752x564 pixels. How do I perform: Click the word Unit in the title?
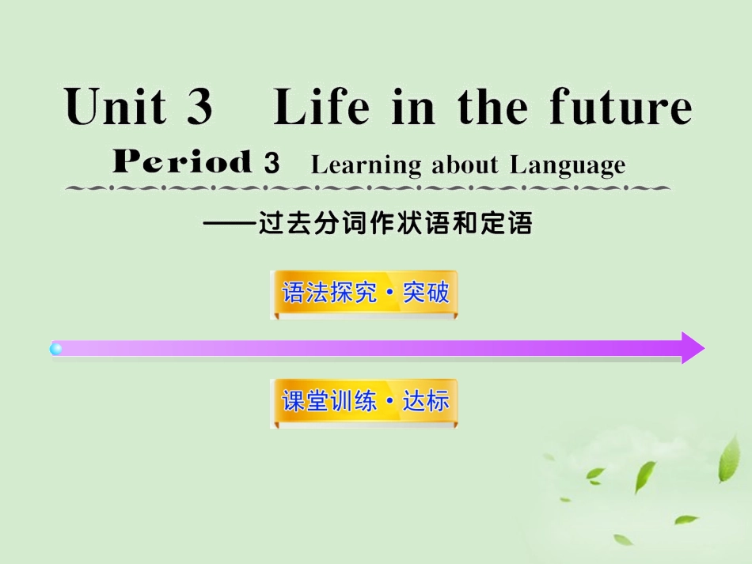(116, 108)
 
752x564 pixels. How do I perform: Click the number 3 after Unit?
(200, 108)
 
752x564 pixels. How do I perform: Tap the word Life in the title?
(321, 108)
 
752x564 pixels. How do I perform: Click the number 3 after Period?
(272, 164)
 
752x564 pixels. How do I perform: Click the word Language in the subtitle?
(568, 165)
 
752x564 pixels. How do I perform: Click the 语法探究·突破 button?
(364, 293)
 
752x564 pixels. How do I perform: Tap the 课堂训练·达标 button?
(364, 402)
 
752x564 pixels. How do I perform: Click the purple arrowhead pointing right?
(691, 348)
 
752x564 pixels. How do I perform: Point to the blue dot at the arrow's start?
(56, 348)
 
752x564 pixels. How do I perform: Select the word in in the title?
(412, 108)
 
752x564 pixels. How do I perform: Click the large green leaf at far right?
(728, 460)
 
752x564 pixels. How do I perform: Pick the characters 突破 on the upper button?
(426, 293)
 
